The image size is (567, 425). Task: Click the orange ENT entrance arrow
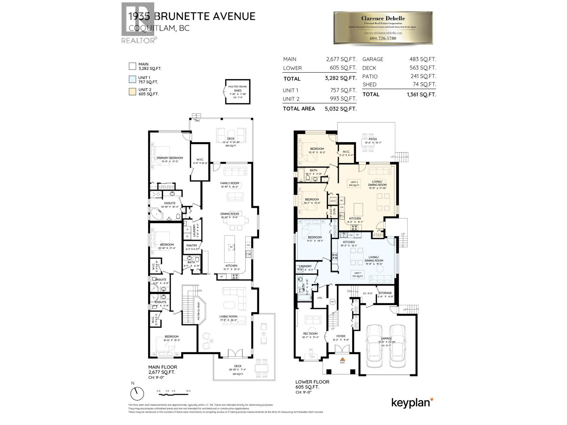click(342, 359)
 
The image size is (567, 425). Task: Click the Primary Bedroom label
click(170, 158)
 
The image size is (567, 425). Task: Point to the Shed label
click(237, 91)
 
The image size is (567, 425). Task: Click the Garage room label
click(387, 338)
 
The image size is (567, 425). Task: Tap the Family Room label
click(230, 183)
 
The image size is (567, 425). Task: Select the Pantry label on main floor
click(192, 245)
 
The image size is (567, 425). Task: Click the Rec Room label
click(310, 333)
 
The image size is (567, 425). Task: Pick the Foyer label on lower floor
click(341, 336)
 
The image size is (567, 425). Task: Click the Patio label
click(372, 139)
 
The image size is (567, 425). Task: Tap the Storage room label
click(385, 293)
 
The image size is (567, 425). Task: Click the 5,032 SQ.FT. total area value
click(341, 109)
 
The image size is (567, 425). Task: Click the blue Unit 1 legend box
click(133, 79)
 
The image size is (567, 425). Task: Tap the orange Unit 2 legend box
click(133, 92)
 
